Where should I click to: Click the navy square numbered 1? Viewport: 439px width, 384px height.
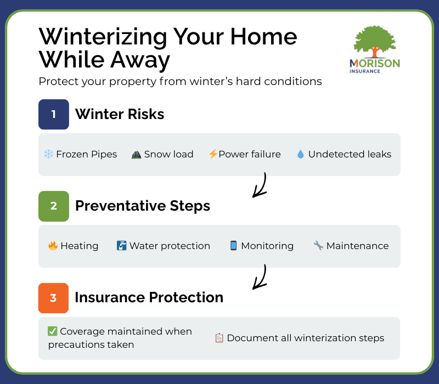pos(54,114)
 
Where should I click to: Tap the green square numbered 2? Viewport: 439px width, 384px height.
pos(54,206)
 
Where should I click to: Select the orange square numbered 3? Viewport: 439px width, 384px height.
pos(54,298)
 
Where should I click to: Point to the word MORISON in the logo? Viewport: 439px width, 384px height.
pos(375,64)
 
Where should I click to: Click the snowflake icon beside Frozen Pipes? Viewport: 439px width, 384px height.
pos(48,154)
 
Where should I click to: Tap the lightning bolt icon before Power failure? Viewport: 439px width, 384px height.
pos(212,154)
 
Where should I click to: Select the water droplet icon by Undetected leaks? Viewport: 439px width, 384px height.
pos(300,154)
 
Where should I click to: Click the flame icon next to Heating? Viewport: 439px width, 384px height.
pos(53,246)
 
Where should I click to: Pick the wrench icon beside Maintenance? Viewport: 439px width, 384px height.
pos(318,246)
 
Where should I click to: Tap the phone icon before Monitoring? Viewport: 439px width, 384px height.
pos(233,246)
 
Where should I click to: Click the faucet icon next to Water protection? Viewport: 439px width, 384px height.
pos(122,246)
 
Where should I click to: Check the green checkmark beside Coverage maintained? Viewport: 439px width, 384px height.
pos(53,331)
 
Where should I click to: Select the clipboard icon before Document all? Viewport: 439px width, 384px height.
pos(219,338)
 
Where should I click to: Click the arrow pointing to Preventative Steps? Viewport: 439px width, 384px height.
pos(259,185)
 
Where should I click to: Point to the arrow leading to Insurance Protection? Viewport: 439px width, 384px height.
pos(259,277)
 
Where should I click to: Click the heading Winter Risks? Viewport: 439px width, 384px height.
pos(120,114)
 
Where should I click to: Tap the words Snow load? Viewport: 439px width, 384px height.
pos(168,154)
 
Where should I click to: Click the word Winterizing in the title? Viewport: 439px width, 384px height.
pos(103,37)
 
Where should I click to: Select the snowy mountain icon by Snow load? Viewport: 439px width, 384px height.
pos(137,154)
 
